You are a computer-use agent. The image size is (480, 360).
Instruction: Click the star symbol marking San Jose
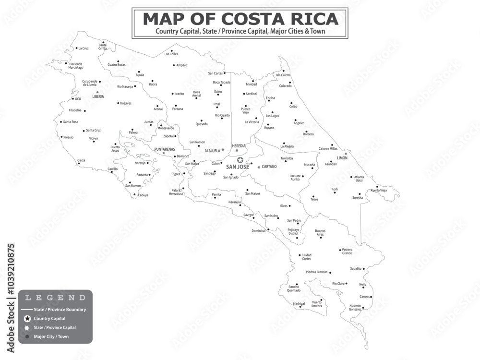pyautogui.click(x=240, y=160)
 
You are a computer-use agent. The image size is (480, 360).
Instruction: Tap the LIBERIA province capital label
pyautogui.click(x=98, y=96)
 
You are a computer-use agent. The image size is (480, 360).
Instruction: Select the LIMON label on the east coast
pyautogui.click(x=342, y=157)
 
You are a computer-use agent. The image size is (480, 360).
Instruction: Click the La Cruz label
pyautogui.click(x=84, y=48)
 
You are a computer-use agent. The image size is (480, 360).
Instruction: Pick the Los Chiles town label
pyautogui.click(x=171, y=54)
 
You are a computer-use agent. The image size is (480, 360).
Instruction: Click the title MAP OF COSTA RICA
pyautogui.click(x=240, y=19)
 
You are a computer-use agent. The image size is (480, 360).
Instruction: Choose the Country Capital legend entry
pyautogui.click(x=49, y=318)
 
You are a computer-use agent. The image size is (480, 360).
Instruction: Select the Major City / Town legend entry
pyautogui.click(x=51, y=336)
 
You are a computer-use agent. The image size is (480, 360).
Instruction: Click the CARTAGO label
pyautogui.click(x=269, y=167)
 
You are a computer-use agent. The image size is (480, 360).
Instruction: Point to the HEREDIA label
pyautogui.click(x=239, y=146)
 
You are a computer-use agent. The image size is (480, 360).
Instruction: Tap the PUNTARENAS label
pyautogui.click(x=165, y=149)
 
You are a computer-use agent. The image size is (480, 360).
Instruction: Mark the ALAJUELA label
pyautogui.click(x=212, y=151)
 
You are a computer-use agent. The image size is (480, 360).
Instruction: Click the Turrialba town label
pyautogui.click(x=287, y=158)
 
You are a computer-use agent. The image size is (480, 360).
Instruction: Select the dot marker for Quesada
pyautogui.click(x=202, y=120)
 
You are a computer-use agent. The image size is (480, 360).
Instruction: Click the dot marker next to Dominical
pyautogui.click(x=268, y=229)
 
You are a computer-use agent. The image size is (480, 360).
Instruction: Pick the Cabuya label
pyautogui.click(x=143, y=195)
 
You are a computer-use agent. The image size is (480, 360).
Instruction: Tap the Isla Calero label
pyautogui.click(x=283, y=75)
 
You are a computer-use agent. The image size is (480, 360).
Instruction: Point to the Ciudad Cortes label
pyautogui.click(x=306, y=257)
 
